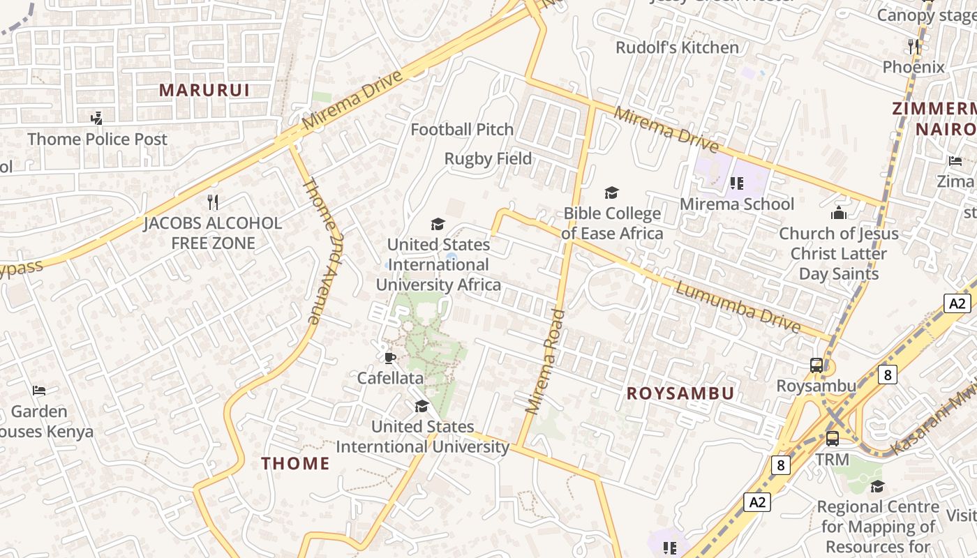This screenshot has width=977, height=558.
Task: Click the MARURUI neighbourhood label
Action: click(x=204, y=90)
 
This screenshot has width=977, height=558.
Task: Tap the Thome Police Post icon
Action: click(x=97, y=119)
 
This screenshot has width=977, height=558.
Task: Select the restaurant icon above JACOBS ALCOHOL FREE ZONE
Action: click(x=214, y=202)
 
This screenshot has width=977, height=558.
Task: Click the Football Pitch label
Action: click(x=462, y=130)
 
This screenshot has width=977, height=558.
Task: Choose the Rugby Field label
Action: click(x=488, y=159)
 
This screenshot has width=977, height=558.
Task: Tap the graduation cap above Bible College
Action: click(x=611, y=193)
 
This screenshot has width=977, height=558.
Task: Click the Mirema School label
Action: click(x=737, y=204)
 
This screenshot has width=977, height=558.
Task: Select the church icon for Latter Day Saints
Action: click(x=838, y=213)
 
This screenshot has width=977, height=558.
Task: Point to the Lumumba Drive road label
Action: click(x=738, y=308)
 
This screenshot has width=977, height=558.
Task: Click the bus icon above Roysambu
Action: click(x=816, y=365)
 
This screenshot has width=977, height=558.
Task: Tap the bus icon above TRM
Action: click(x=832, y=439)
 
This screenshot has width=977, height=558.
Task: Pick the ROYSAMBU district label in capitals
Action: click(x=680, y=393)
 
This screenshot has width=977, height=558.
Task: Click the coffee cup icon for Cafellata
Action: click(x=389, y=358)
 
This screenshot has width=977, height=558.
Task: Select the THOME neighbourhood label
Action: click(x=295, y=463)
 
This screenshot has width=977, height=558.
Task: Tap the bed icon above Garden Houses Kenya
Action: click(x=39, y=391)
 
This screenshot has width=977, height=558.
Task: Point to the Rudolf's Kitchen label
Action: click(x=677, y=47)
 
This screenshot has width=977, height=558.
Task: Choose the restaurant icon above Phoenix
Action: click(x=913, y=47)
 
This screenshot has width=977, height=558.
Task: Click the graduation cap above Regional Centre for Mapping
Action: click(x=877, y=486)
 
